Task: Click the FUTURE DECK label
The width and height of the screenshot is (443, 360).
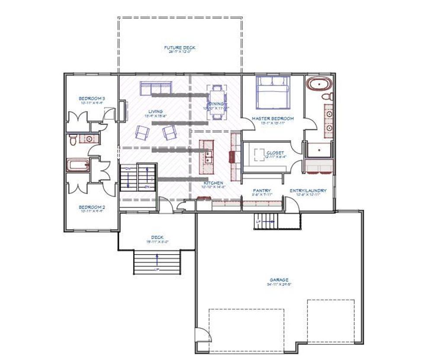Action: coord(180,47)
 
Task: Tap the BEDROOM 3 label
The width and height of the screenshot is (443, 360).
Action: coord(92,98)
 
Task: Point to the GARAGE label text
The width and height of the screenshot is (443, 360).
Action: coord(278,280)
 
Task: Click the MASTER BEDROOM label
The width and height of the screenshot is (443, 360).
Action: coord(273,118)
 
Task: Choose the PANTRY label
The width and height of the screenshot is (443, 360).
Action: coord(262,191)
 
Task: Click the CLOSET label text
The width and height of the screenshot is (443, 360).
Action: coord(275,153)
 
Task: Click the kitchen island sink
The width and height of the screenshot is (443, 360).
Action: coord(208,156)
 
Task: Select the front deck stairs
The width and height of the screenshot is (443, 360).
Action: coord(157,261)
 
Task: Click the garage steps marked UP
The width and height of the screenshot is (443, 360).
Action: coord(264,222)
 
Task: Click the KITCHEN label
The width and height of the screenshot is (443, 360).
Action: coord(214,183)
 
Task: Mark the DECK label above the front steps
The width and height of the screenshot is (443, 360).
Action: coord(157,237)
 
